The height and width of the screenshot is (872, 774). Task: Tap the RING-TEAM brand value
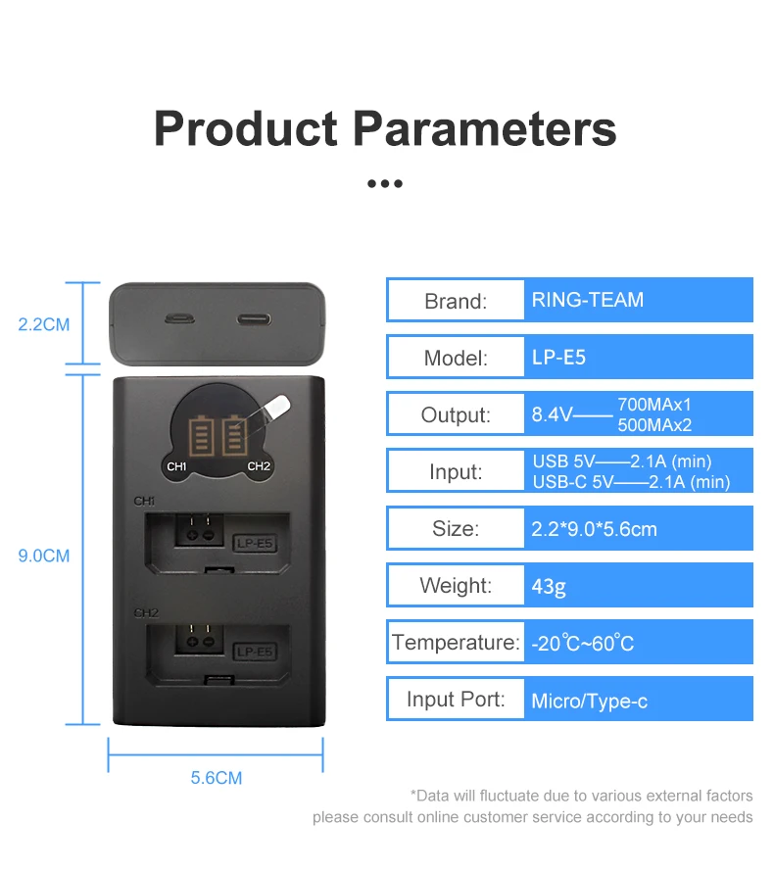588,300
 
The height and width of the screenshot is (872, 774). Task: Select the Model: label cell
455,358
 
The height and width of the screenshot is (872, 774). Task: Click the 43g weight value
550,587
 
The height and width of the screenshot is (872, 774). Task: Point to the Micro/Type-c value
589,701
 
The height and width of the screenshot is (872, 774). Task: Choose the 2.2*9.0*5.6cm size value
594,530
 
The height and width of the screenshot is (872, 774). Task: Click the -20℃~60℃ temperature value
583,644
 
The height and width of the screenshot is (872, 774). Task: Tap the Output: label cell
455,414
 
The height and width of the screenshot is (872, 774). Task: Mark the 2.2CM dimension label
44,324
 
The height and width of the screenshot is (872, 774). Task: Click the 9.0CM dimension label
44,556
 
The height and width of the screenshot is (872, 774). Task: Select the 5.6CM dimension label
216,778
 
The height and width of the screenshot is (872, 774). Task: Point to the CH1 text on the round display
176,466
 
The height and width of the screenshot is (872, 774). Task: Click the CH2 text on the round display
258,466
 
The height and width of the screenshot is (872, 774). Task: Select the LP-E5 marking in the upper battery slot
255,540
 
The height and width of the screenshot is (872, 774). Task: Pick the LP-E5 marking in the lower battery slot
255,652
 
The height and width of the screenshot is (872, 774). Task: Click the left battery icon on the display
204,433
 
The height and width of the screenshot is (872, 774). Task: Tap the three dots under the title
385,183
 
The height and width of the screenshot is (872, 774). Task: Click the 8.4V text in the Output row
551,414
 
